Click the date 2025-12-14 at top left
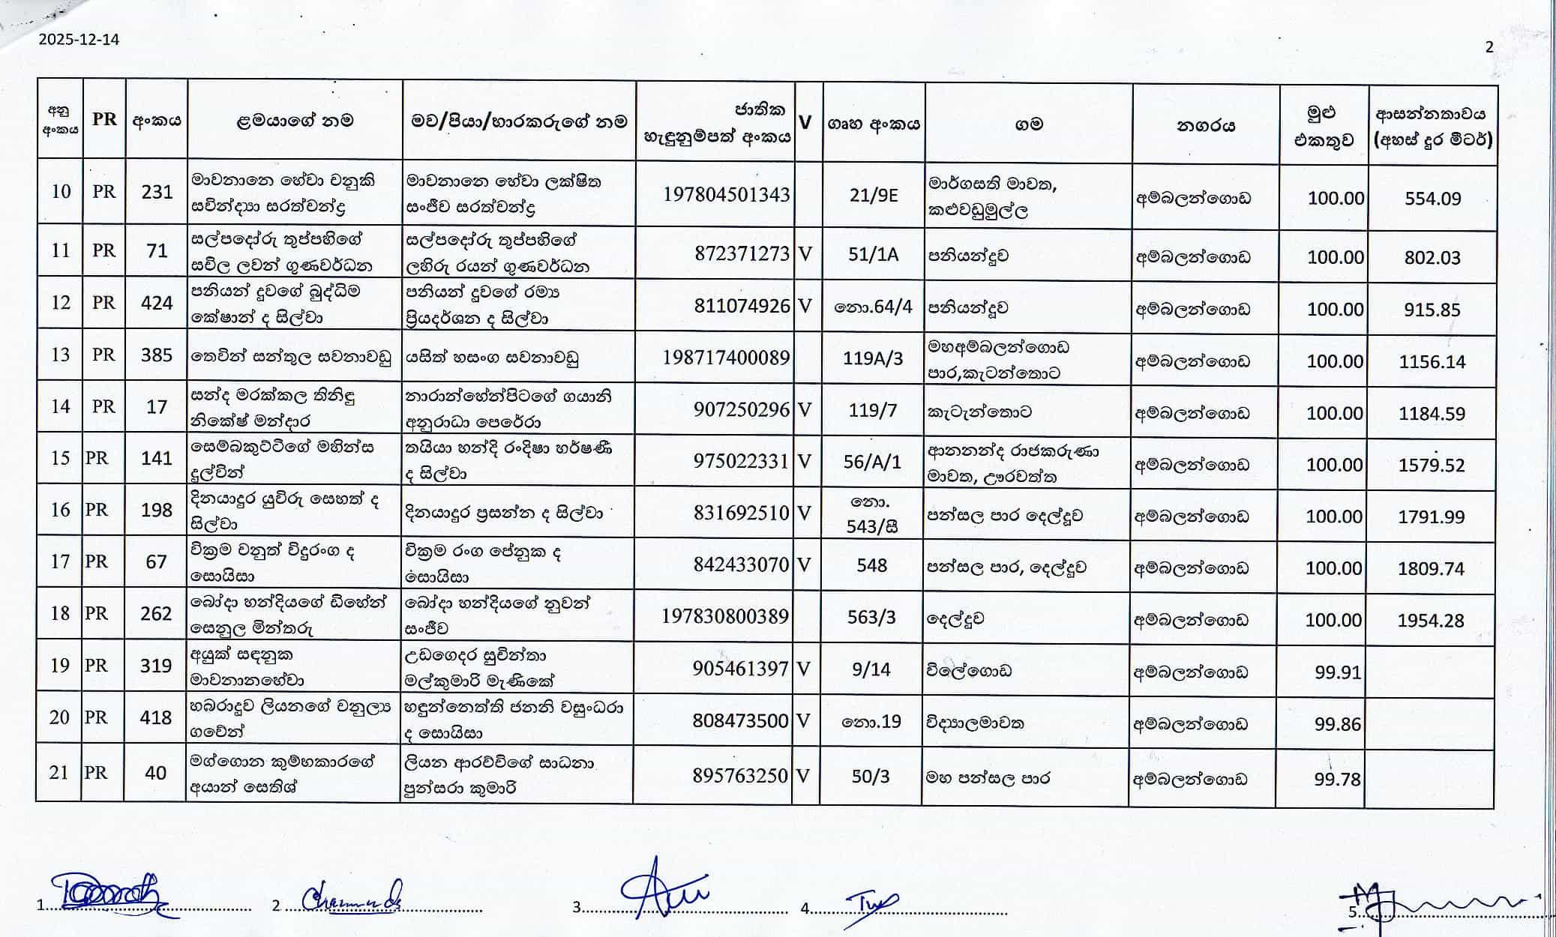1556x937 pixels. click(79, 40)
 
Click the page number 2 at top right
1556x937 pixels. click(1489, 46)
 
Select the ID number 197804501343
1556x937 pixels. click(726, 195)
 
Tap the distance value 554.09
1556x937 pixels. click(1432, 199)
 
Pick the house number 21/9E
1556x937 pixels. click(873, 196)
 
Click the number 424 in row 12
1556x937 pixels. click(157, 303)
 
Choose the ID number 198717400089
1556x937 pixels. click(725, 358)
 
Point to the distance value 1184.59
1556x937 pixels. click(1432, 413)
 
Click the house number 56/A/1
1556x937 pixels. click(871, 462)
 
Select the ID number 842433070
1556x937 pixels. click(741, 564)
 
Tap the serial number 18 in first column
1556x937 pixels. click(59, 613)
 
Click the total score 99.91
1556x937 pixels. click(1338, 672)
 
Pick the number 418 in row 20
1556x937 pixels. click(155, 717)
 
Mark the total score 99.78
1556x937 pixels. click(1337, 780)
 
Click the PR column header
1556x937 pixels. click(104, 119)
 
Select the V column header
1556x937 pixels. click(805, 122)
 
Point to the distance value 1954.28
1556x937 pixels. click(1431, 621)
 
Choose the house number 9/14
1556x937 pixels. click(871, 669)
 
